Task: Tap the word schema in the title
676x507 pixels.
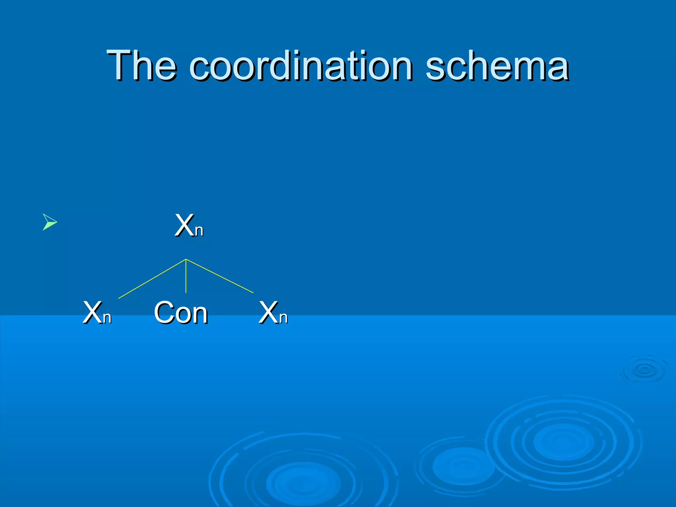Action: (x=497, y=66)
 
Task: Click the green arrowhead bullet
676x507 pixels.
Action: (x=50, y=222)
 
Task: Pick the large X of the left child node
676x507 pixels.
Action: (x=92, y=312)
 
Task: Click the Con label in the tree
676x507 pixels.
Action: (x=181, y=312)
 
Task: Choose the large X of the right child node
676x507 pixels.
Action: (x=268, y=312)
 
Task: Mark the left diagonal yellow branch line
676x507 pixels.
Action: (x=152, y=279)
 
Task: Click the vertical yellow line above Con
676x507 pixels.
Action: (x=186, y=277)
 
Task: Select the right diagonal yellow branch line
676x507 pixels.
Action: (x=220, y=276)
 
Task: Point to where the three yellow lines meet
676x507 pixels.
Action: (x=186, y=259)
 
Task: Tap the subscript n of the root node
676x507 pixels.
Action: (x=199, y=231)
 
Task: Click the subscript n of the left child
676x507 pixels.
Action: (x=107, y=318)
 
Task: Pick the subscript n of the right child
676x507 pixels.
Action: (x=283, y=318)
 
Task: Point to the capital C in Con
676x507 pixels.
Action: (x=164, y=312)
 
